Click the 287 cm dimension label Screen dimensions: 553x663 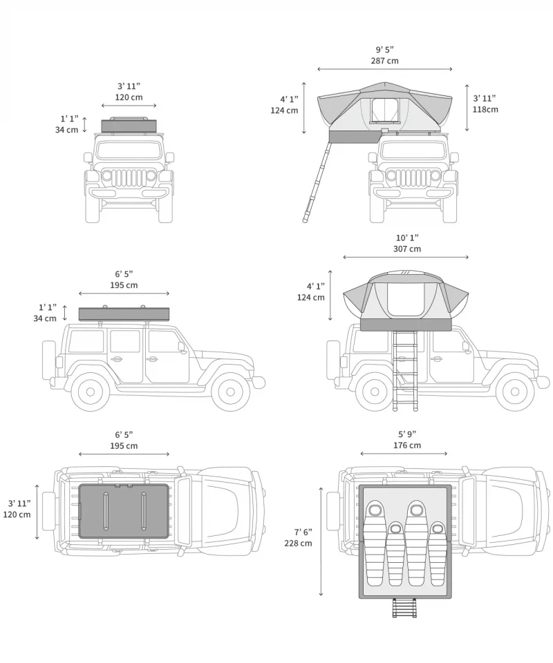click(384, 61)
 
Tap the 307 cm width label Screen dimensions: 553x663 click(407, 249)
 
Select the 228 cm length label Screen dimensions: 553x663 click(298, 543)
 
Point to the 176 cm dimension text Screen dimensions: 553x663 click(407, 445)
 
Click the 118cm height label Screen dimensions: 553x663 click(485, 109)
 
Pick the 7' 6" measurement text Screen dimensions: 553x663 click(303, 532)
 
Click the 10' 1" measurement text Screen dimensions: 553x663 click(407, 238)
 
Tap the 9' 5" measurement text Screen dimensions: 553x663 click(384, 50)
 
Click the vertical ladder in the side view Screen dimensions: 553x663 click(405, 371)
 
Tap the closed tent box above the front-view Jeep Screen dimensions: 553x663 click(129, 126)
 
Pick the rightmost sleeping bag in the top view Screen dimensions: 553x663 click(438, 553)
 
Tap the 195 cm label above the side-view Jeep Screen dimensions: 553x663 click(124, 285)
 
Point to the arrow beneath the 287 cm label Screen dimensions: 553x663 click(384, 69)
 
